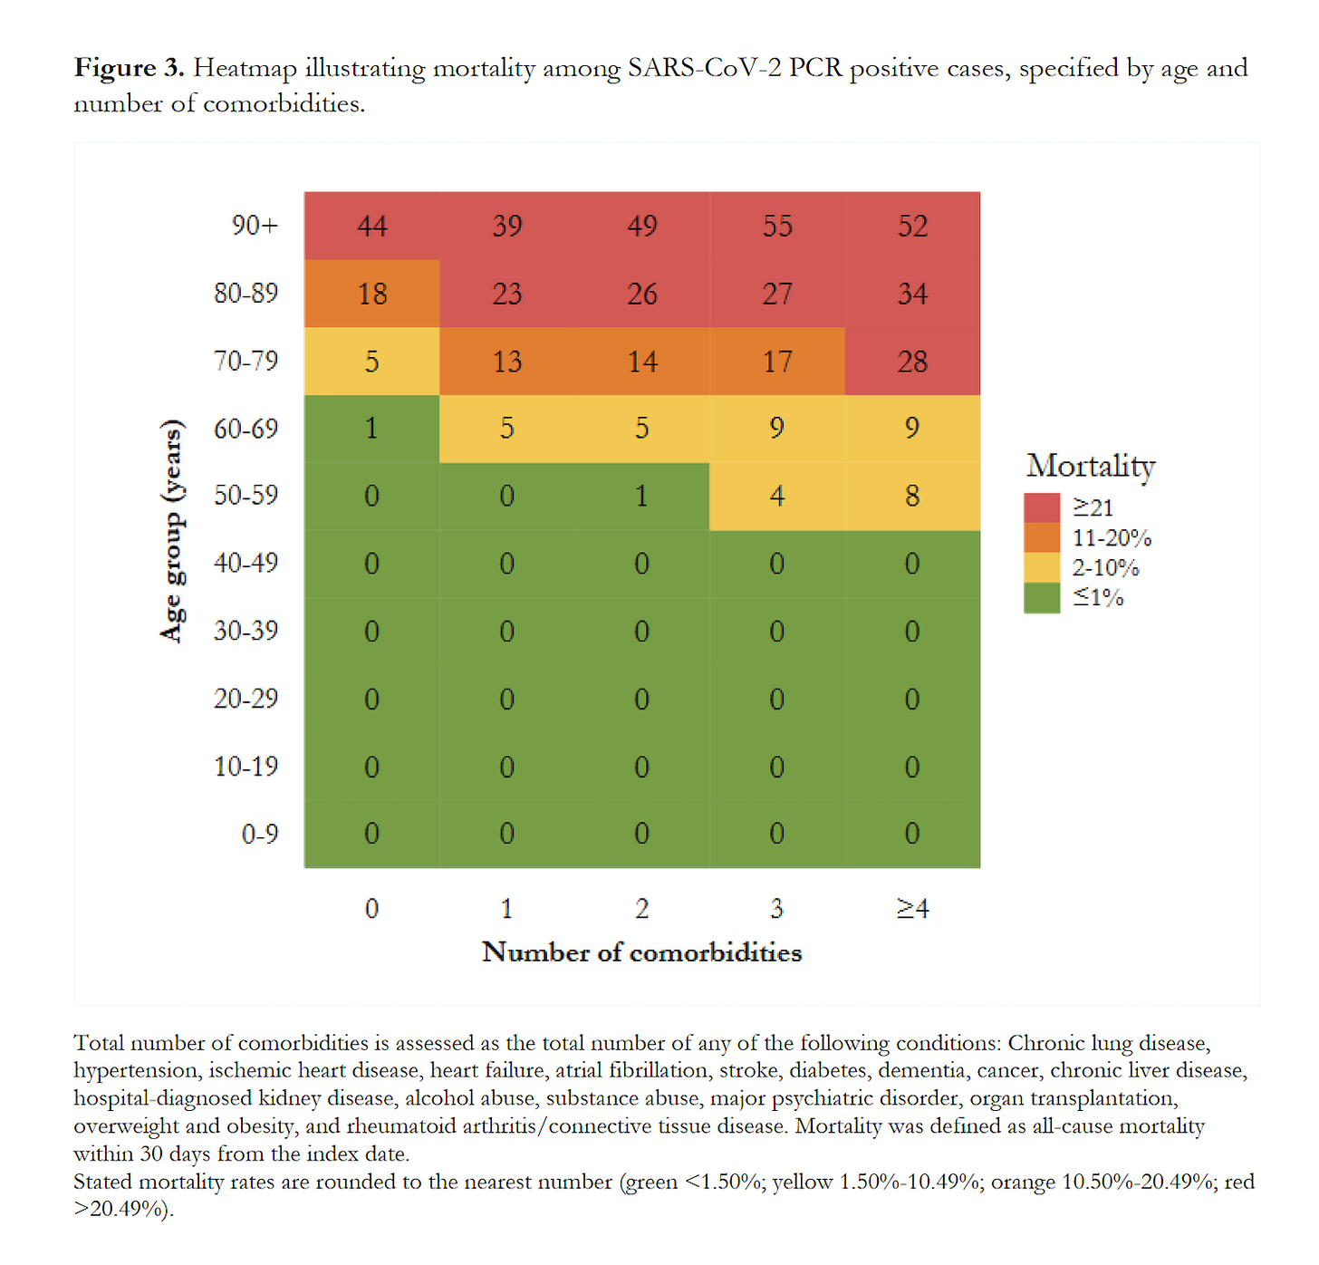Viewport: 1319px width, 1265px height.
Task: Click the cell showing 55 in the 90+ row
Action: coord(777,226)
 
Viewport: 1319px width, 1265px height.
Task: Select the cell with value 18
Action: coord(371,294)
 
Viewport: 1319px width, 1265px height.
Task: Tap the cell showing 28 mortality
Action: coord(912,362)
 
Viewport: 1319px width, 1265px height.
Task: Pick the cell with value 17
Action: coord(777,362)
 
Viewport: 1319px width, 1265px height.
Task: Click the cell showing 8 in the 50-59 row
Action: coord(912,496)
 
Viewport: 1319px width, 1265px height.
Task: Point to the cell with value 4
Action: coord(777,496)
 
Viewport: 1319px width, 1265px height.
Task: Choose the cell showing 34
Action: coord(912,294)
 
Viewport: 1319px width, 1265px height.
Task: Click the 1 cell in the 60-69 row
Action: coord(371,428)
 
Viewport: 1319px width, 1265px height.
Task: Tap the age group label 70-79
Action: coord(246,361)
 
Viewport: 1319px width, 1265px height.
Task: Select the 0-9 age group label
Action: coord(259,834)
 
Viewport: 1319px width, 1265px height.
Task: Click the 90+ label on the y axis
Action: coord(255,225)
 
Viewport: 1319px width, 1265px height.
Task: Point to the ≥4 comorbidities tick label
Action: coord(912,908)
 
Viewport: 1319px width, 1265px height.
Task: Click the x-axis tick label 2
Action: coord(641,908)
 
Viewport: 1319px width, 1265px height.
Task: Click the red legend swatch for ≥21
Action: coord(1042,507)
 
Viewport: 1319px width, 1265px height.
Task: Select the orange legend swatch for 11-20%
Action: coord(1042,537)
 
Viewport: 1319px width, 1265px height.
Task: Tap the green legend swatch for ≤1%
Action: coord(1042,597)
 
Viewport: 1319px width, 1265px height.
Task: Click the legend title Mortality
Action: coord(1091,466)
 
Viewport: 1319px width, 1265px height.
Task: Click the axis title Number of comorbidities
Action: coord(641,952)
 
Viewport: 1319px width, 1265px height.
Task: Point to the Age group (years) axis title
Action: coord(171,530)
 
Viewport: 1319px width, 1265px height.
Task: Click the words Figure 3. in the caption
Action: coord(129,68)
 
